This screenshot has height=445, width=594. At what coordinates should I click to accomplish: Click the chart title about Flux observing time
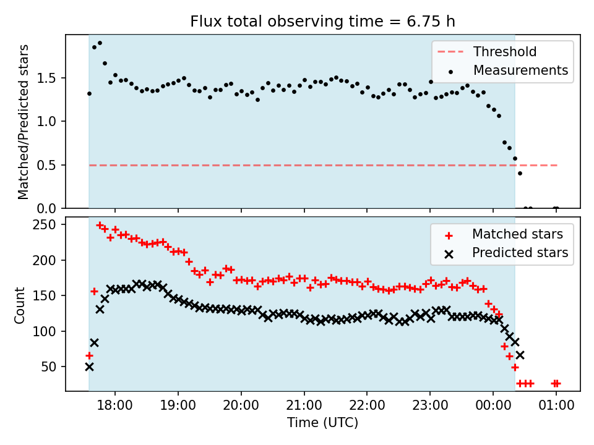click(x=322, y=22)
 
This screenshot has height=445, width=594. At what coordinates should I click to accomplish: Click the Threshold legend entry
click(x=505, y=51)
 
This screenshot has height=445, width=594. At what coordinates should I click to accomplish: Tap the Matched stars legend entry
click(x=517, y=234)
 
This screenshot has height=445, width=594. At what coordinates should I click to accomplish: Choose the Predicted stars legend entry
click(x=520, y=252)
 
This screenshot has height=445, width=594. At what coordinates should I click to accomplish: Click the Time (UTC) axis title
click(x=322, y=423)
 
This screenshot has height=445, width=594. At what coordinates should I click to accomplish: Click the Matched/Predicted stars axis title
click(x=24, y=122)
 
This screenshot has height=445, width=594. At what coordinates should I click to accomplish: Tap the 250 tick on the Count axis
click(x=48, y=224)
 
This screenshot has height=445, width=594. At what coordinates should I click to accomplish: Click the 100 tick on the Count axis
click(x=48, y=331)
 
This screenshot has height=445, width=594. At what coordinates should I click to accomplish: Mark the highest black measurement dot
click(x=100, y=43)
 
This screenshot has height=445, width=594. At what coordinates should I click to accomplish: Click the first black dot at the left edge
click(x=89, y=94)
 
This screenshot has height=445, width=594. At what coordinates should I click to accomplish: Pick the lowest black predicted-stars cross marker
click(x=89, y=367)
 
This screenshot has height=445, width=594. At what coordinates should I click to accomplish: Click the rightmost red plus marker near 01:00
click(x=557, y=383)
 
